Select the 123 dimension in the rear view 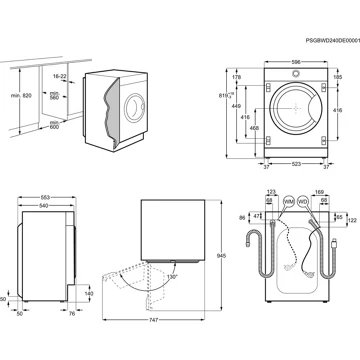coord(270,190)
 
